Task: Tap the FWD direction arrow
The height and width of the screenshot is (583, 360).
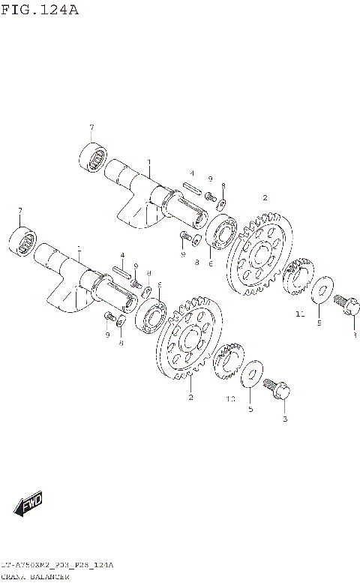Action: [30, 504]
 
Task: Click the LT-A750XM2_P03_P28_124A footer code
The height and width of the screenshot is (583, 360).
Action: [55, 564]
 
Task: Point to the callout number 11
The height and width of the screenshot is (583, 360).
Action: [299, 315]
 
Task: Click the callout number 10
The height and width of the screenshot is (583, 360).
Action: [231, 399]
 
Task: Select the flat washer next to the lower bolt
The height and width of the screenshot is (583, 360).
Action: [253, 374]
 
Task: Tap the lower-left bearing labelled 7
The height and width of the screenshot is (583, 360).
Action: [22, 239]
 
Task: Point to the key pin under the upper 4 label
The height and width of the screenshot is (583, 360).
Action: [190, 188]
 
